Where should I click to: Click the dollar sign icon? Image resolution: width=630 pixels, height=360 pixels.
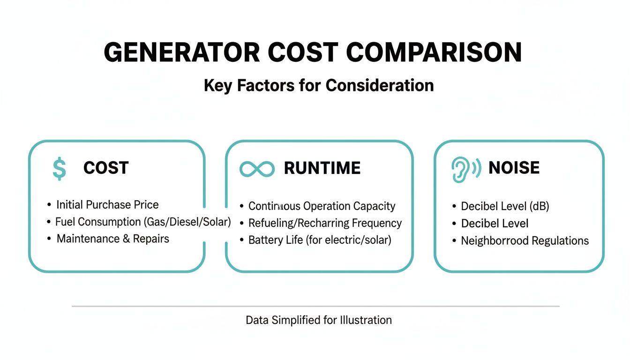[x=59, y=169]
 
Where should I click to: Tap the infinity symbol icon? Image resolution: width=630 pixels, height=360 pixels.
[x=256, y=169]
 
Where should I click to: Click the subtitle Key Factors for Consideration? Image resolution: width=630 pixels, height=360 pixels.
[x=319, y=85]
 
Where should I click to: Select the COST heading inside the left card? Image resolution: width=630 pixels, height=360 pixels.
[x=106, y=168]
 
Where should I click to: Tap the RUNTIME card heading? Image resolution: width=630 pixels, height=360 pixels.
[x=322, y=168]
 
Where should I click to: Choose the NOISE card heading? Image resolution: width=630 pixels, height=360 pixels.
[x=514, y=168]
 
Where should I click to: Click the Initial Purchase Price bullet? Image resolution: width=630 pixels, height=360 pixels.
[x=107, y=205]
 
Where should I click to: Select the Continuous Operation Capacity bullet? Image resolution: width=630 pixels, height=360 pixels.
[x=322, y=206]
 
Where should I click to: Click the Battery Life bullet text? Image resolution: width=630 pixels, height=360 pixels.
[x=320, y=240]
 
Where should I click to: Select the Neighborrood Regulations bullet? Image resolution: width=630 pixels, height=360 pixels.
[x=525, y=241]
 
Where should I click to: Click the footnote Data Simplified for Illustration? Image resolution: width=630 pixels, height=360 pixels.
[x=319, y=320]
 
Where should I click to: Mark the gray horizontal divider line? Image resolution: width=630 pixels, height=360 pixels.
[x=315, y=306]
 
